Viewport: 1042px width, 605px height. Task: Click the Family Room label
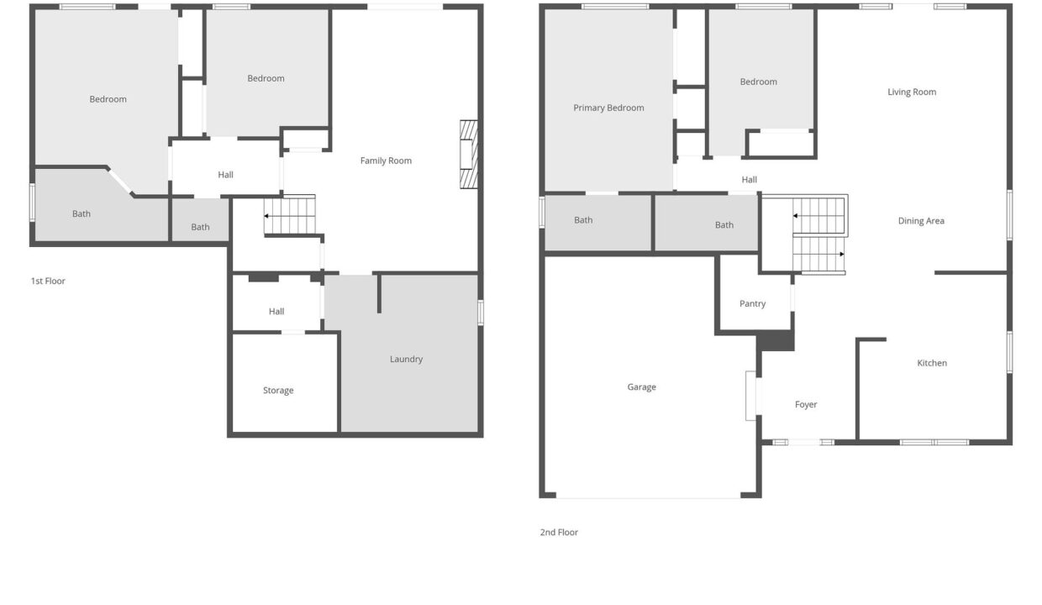[386, 160]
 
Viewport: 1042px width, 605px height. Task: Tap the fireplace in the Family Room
[468, 155]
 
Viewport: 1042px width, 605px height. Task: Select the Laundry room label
[406, 359]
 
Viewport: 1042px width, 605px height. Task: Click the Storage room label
[278, 390]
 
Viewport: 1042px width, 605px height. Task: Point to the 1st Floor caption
[48, 281]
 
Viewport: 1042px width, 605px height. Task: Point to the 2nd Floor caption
[559, 532]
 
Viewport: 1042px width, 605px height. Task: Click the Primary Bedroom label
[608, 108]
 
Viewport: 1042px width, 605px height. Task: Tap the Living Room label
[912, 92]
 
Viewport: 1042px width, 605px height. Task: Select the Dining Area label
[921, 221]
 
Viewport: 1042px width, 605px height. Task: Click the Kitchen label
[932, 363]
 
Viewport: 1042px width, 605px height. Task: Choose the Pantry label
[752, 303]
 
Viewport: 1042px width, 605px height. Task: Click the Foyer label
[806, 404]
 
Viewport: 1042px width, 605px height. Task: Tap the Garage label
[641, 387]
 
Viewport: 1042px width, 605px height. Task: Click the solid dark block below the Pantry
[776, 341]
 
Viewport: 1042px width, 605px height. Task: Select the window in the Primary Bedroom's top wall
[615, 7]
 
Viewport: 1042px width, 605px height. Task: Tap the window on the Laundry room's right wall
[481, 313]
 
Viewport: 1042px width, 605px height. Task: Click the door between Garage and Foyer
[750, 396]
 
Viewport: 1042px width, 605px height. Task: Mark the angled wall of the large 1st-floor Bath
[120, 181]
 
